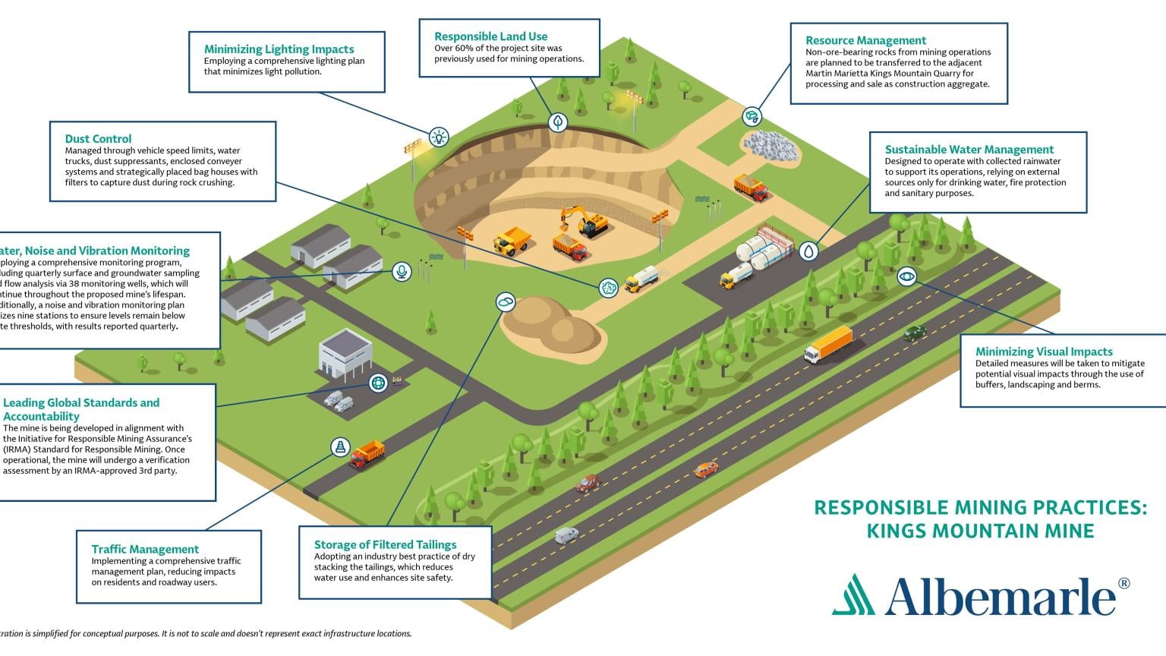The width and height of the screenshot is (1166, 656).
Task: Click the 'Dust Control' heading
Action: [98, 139]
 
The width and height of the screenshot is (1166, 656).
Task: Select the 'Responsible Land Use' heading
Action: [490, 36]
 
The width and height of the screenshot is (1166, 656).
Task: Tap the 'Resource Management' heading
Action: [865, 40]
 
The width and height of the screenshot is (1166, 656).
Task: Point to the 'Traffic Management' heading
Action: [145, 549]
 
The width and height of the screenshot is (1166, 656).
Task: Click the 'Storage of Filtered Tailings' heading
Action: [385, 544]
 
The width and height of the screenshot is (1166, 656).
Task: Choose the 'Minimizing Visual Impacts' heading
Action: [1044, 352]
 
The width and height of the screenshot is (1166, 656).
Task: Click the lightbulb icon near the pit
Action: [439, 137]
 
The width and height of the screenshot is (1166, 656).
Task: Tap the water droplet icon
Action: [809, 251]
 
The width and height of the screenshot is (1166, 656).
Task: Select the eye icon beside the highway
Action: [906, 276]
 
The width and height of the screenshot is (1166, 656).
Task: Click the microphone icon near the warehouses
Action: [402, 271]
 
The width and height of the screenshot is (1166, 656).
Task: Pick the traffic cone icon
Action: [340, 446]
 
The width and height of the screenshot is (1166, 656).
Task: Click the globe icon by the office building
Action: [378, 383]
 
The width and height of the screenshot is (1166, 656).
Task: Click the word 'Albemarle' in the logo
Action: [1000, 596]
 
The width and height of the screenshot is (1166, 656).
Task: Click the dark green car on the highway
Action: [914, 332]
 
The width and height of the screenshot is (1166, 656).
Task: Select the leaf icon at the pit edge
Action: [558, 121]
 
